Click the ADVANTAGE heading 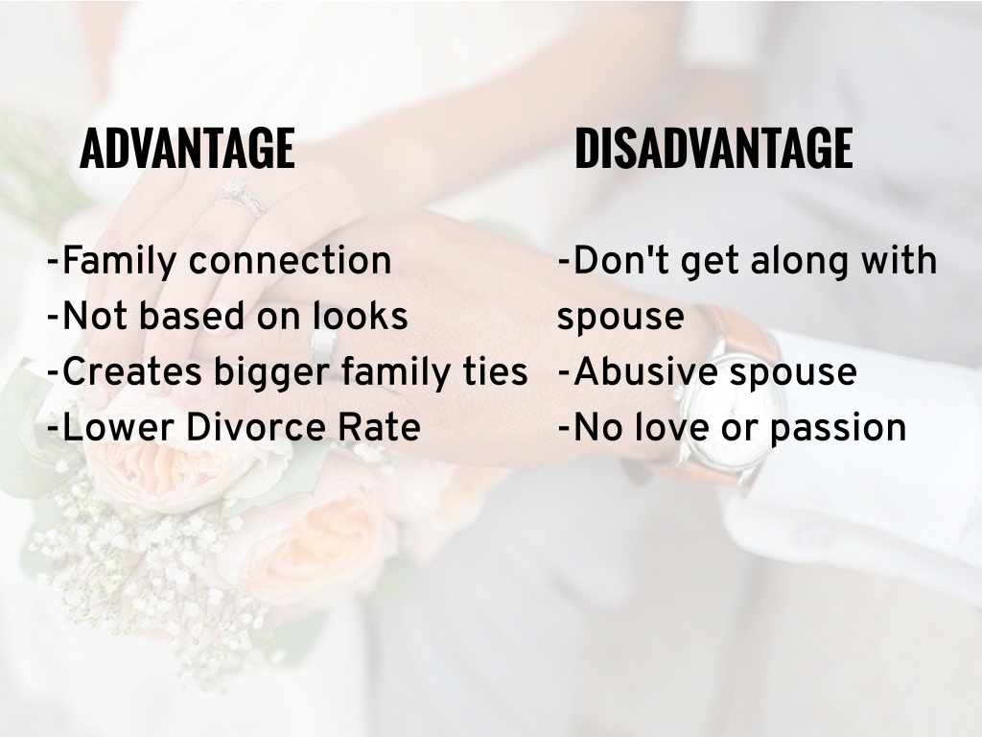[x=187, y=148]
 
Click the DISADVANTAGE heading [x=713, y=148]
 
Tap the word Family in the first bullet [x=119, y=261]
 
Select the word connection [x=290, y=261]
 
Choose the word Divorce [x=255, y=427]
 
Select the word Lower [x=118, y=427]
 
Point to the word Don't [x=620, y=260]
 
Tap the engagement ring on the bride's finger [x=241, y=198]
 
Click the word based [x=191, y=316]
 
